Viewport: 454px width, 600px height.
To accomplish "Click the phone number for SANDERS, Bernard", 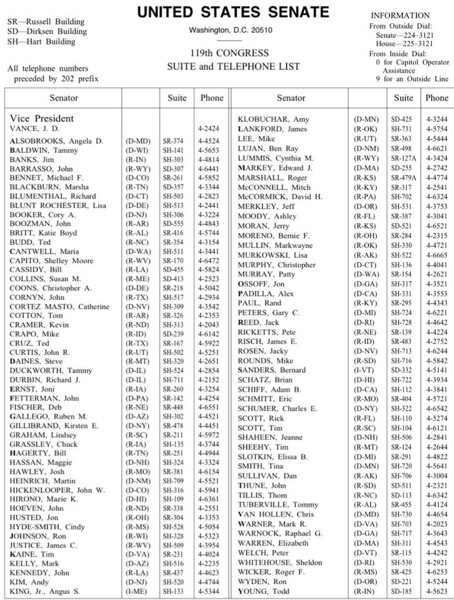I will pos(436,370).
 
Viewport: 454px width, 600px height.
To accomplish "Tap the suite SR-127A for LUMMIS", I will pos(403,158).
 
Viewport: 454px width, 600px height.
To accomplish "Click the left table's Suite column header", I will pos(177,98).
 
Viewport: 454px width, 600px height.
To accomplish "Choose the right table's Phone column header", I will pos(436,98).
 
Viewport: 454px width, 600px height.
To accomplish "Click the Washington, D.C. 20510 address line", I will pos(230,30).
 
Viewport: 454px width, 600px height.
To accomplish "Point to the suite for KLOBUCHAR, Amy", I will pos(402,119).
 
